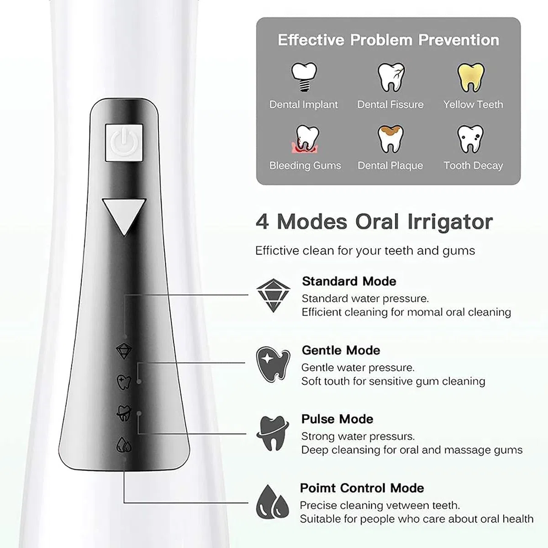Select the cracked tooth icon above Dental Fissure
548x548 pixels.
point(391,77)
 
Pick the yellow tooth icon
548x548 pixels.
point(471,77)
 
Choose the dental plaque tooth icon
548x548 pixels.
point(391,139)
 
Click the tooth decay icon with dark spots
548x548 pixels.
point(470,139)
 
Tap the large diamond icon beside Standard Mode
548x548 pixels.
point(273,295)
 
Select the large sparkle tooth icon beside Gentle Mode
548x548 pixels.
point(273,364)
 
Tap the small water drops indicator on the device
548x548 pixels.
point(124,444)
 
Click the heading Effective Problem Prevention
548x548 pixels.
point(389,40)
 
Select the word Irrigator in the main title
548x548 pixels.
point(450,222)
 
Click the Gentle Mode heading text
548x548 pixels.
point(341,350)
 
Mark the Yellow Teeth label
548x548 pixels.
point(473,105)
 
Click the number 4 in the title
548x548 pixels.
point(263,222)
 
